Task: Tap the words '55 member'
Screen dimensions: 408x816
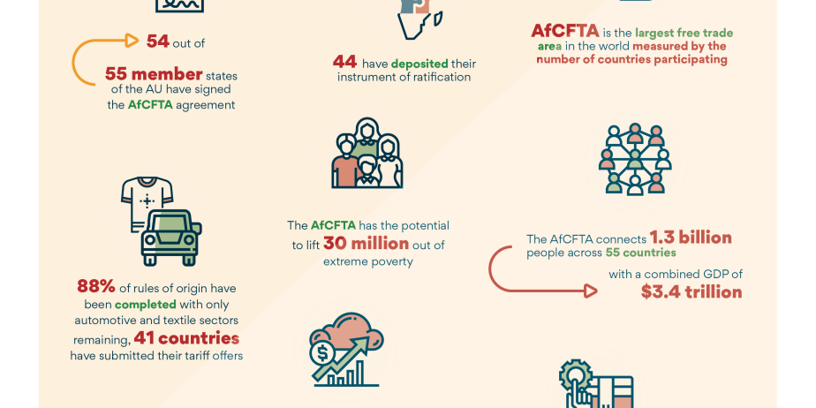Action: (154, 73)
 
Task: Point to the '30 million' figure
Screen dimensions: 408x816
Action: (366, 244)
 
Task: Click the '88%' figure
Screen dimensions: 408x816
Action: (98, 288)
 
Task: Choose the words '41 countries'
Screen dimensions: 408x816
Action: (186, 338)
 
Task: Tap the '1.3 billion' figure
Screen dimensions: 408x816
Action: (691, 238)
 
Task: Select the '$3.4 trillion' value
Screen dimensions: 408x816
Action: (691, 291)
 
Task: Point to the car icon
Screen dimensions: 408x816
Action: (170, 235)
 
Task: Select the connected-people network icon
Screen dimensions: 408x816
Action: (635, 159)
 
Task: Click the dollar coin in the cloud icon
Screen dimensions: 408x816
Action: (321, 351)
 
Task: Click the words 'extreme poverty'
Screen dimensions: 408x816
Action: (368, 261)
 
